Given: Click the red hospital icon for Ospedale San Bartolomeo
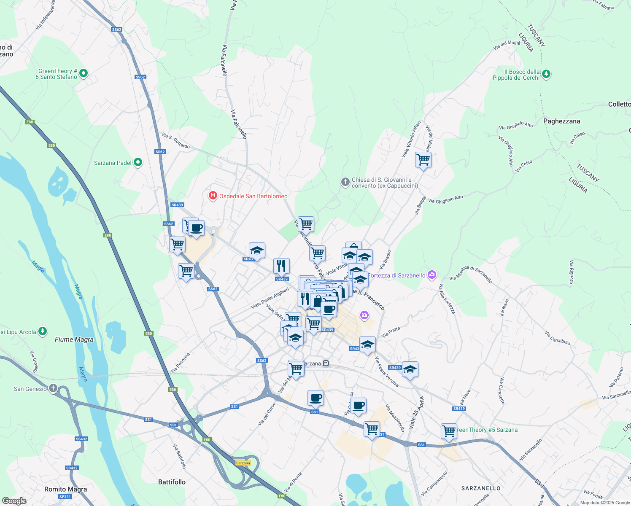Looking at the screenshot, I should click(213, 196).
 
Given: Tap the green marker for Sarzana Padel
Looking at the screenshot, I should click(138, 162).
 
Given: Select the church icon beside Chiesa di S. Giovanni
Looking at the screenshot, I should click(345, 182).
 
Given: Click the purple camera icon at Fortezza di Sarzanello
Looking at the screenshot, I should click(431, 275).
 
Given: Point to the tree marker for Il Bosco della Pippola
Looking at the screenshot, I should click(546, 74).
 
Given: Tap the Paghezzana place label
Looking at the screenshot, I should click(561, 121).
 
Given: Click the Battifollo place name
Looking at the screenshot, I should click(172, 482).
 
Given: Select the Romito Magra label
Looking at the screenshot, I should click(65, 489).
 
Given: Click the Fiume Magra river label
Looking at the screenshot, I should click(74, 339).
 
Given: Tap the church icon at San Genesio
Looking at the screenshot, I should click(53, 388).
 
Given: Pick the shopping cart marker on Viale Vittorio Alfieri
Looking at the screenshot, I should click(423, 160).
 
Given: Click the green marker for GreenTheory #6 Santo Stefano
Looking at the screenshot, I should click(84, 73).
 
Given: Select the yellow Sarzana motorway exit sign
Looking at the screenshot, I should click(243, 463).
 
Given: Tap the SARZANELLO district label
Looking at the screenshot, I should click(481, 488).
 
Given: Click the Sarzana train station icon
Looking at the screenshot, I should click(326, 363).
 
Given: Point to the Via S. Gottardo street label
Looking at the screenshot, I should click(176, 140).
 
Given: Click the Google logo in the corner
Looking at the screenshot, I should click(14, 501).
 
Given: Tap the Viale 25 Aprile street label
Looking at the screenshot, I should click(416, 412).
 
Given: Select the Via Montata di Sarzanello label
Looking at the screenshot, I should click(471, 275).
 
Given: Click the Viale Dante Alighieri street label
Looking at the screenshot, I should click(270, 299).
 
